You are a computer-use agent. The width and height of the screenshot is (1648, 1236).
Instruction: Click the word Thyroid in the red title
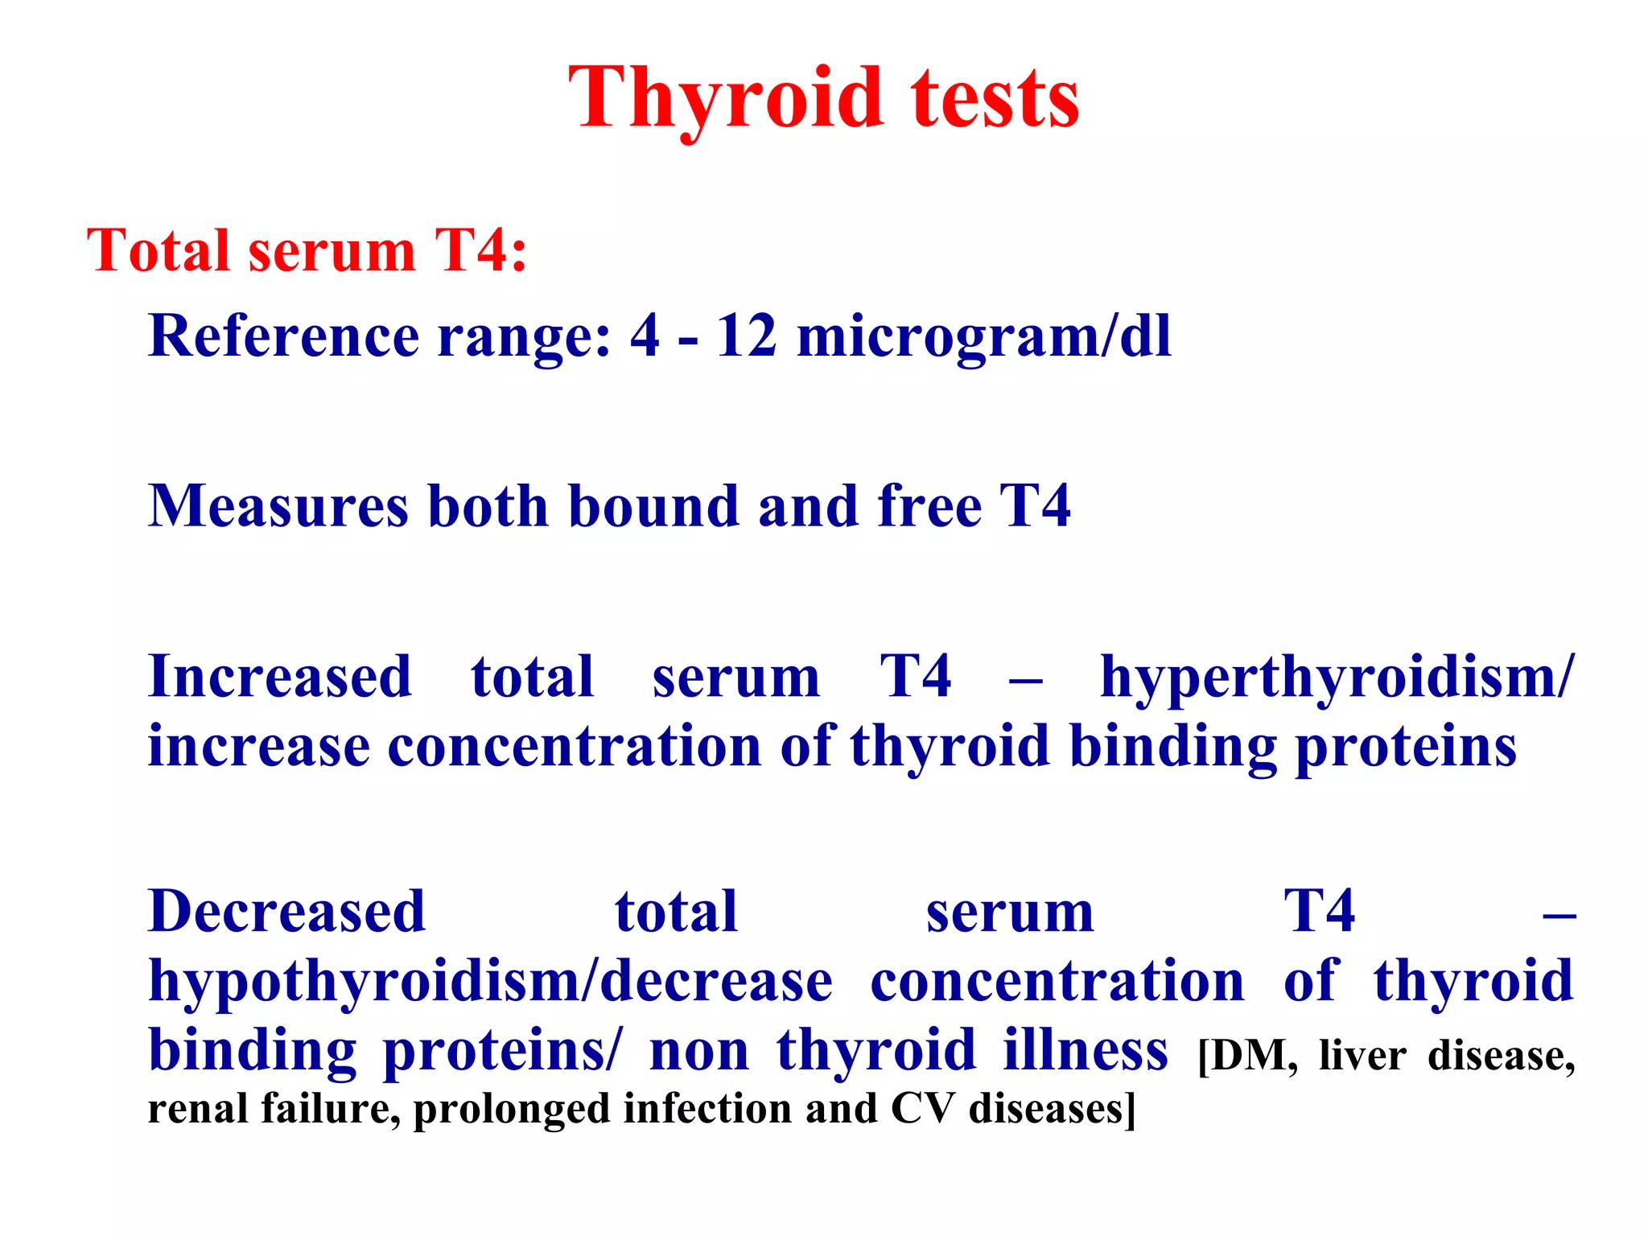tap(724, 98)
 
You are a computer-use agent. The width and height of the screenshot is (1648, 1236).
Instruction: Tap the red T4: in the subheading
tap(480, 251)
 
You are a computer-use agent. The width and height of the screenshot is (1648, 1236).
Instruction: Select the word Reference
tap(283, 336)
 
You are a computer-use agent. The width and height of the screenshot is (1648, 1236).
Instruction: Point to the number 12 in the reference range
tap(746, 336)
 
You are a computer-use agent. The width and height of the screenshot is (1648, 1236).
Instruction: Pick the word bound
tap(653, 506)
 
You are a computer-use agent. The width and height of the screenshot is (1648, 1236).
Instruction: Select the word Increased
tap(280, 677)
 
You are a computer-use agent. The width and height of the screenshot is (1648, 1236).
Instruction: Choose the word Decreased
tap(286, 912)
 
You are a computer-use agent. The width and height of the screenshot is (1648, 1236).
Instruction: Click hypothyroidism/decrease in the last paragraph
tap(491, 983)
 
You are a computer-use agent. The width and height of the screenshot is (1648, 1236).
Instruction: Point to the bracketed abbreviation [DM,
tap(1247, 1057)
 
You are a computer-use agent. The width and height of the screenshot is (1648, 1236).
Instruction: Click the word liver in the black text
tap(1362, 1057)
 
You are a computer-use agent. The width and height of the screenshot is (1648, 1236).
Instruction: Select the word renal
tap(198, 1109)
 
